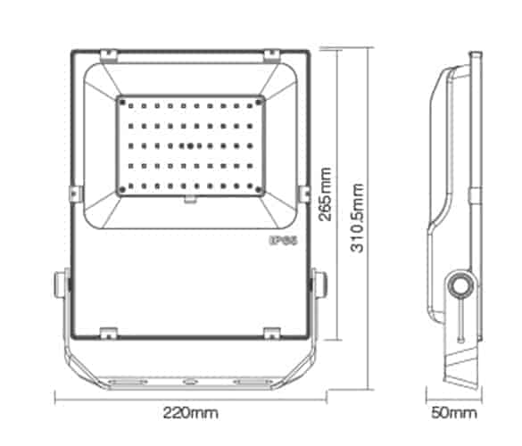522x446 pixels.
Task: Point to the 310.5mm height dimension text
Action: (358, 220)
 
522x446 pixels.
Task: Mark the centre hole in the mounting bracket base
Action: (190, 382)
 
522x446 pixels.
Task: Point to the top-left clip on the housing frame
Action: (108, 57)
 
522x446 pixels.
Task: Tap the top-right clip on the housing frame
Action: (271, 57)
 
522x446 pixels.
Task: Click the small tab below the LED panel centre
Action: (190, 199)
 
